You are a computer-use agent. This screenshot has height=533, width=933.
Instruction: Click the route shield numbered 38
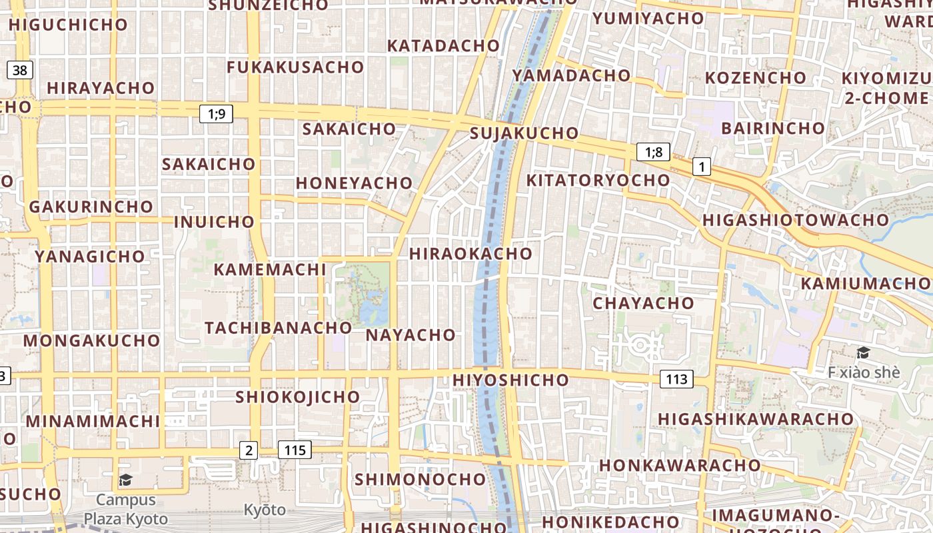20,69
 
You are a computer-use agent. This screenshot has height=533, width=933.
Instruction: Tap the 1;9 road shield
217,114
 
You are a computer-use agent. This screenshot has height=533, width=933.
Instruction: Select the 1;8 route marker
653,152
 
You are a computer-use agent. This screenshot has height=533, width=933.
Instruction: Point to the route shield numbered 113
676,380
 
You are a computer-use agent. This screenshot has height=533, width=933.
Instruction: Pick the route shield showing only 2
249,450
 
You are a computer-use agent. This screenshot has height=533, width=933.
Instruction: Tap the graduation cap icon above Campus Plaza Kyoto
125,480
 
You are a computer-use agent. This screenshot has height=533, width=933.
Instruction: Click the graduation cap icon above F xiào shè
863,352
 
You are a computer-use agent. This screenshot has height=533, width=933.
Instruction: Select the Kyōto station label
265,510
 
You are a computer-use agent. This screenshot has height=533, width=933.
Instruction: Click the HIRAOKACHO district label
470,254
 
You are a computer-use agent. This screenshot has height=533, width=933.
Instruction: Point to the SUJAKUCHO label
524,133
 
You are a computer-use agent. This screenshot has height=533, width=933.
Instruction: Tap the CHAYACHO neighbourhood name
643,303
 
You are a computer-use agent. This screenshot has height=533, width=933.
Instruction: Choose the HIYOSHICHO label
510,380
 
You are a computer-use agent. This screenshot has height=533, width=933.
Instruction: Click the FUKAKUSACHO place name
295,67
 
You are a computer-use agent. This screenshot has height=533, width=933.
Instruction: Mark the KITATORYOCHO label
598,181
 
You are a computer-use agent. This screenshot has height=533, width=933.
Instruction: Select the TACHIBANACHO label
278,328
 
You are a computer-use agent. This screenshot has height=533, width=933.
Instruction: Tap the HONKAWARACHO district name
680,465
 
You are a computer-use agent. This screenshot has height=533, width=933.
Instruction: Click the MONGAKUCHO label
92,341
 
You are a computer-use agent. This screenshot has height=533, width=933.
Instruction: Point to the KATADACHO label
443,46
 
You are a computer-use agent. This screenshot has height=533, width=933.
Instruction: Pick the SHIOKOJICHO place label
297,397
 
